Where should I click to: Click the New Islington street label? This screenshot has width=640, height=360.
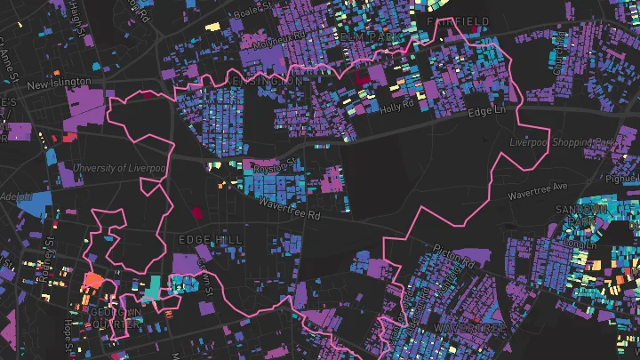(59, 83)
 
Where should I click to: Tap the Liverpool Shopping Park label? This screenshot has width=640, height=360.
(563, 142)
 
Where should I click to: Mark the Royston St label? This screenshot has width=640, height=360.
(272, 165)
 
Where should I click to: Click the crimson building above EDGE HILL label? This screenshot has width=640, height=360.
(196, 212)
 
